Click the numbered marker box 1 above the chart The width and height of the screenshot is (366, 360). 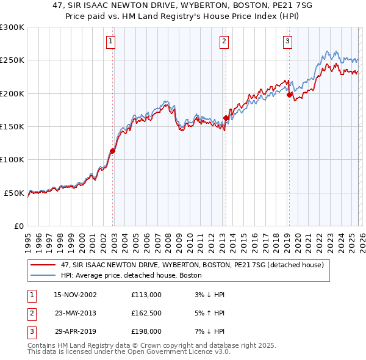[111, 41]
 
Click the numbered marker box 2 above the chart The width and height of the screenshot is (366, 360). [224, 41]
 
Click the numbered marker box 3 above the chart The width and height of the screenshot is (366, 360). [287, 41]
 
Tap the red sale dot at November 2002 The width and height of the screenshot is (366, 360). [113, 151]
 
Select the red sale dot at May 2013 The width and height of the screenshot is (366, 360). [226, 118]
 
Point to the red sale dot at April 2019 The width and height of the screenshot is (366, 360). [289, 95]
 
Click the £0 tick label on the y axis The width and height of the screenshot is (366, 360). [18, 226]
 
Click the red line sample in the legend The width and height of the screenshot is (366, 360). [44, 265]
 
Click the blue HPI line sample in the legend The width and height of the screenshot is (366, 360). [44, 275]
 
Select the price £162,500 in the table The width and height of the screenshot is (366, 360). [146, 313]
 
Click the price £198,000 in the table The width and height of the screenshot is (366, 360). [146, 332]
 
